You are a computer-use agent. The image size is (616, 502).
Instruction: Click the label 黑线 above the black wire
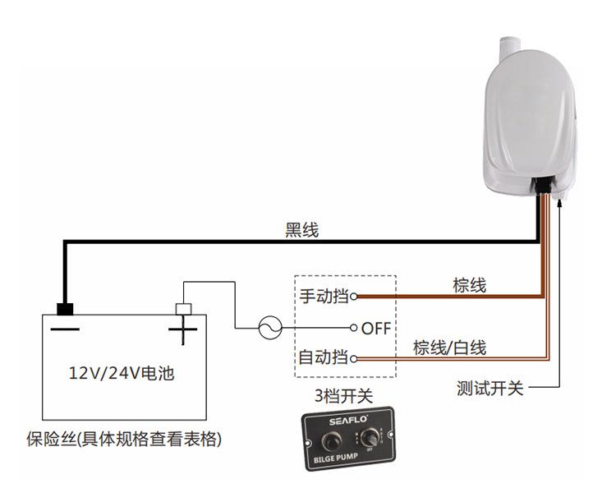[x=301, y=231]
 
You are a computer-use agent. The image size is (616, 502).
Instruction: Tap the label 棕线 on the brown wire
[x=470, y=285]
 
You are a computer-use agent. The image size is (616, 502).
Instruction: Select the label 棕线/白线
[x=449, y=348]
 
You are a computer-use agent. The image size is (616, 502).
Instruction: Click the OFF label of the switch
[x=376, y=329]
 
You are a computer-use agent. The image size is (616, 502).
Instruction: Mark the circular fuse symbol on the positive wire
[x=269, y=329]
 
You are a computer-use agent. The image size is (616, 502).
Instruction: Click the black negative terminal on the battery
[x=64, y=309]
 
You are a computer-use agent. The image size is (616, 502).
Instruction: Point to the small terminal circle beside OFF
[x=354, y=328]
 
